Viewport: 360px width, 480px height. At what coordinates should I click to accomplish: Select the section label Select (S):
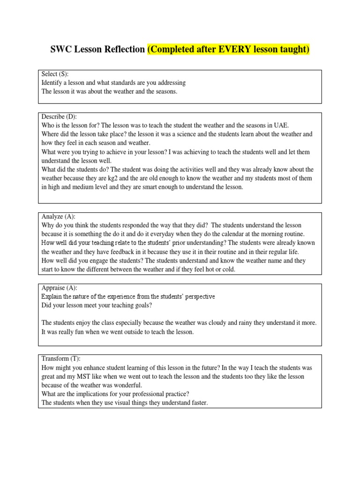click(55, 74)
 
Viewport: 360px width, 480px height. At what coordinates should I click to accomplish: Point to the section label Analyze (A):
click(58, 217)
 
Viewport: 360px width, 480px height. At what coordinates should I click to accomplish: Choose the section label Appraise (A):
click(60, 288)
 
